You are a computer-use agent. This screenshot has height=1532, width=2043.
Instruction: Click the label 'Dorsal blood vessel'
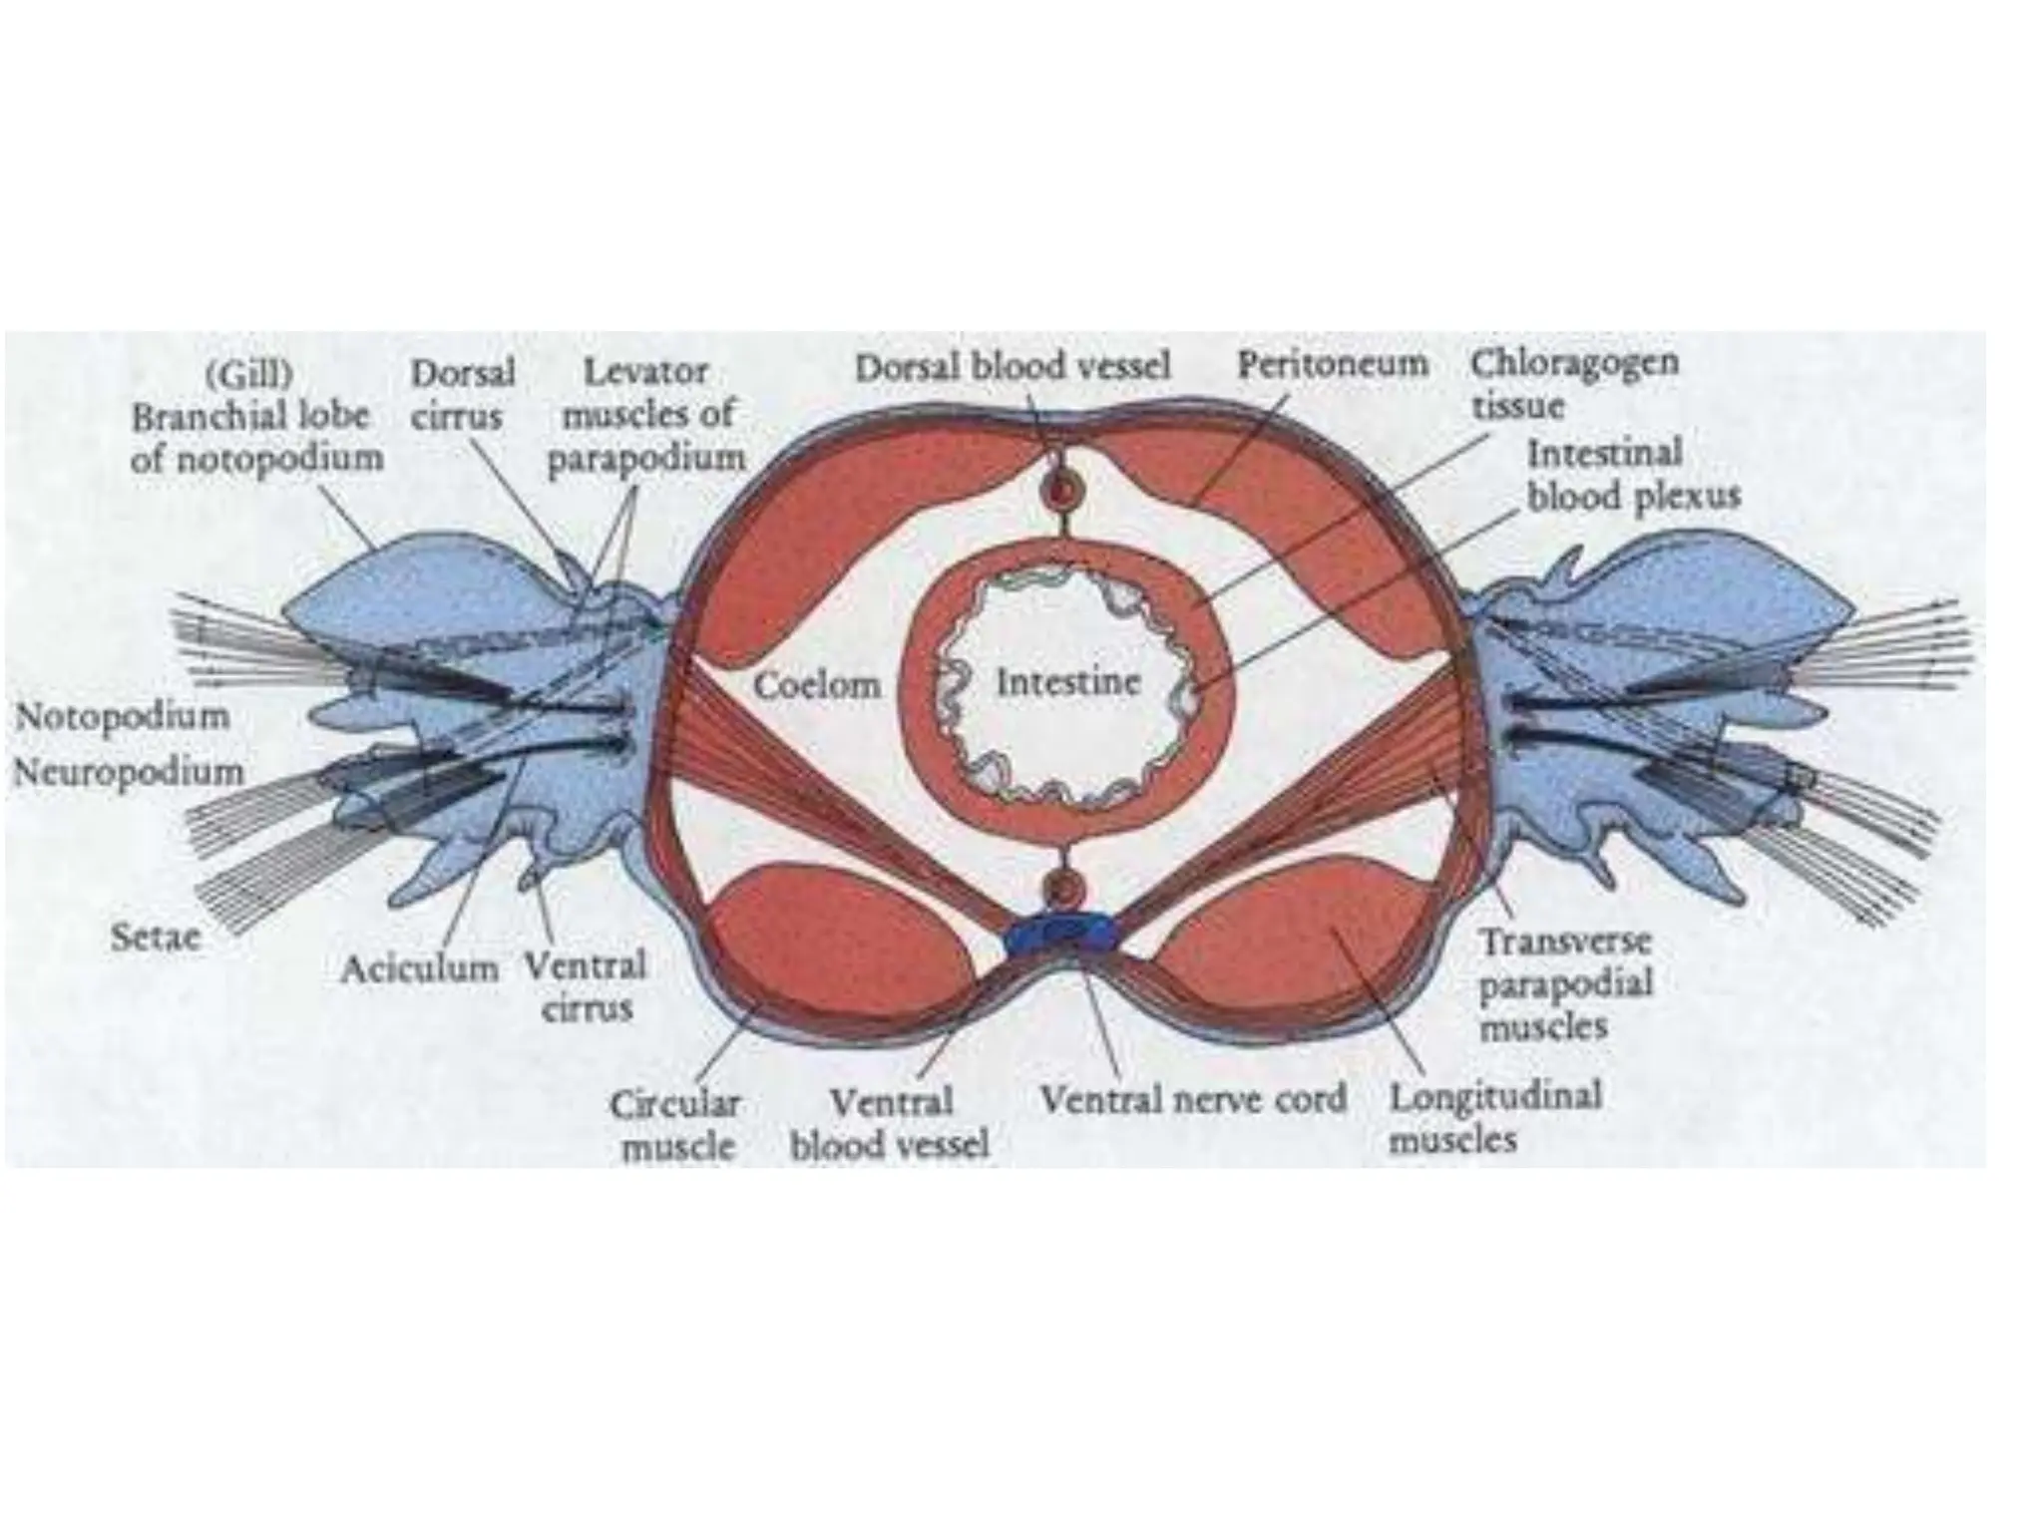[1013, 367]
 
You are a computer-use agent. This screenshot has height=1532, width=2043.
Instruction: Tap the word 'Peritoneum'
[1333, 364]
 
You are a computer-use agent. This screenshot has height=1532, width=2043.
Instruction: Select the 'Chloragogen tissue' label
[1573, 384]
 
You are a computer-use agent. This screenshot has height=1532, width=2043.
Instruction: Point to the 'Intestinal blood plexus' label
[1632, 475]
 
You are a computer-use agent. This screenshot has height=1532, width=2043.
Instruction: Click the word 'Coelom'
[817, 685]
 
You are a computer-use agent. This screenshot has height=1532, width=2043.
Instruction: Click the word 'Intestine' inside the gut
[1067, 683]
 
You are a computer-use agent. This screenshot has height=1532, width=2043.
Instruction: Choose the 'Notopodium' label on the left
[122, 716]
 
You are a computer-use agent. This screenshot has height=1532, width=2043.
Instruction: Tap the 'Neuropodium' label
[128, 771]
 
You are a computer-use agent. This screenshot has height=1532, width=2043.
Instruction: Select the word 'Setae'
[155, 938]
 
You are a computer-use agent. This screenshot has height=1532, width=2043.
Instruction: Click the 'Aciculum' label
[419, 967]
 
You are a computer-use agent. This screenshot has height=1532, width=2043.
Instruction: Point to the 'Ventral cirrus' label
[586, 986]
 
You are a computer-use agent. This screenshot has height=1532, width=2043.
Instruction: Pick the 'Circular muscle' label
[676, 1125]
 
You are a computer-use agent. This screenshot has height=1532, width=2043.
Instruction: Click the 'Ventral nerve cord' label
[1192, 1099]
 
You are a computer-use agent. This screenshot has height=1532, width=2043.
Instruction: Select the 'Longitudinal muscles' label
[1494, 1118]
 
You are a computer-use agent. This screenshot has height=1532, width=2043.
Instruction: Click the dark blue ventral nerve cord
[1061, 934]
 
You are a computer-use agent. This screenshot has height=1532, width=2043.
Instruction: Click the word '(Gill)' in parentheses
[248, 376]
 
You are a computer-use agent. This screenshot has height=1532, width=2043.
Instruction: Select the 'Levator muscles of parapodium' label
[647, 415]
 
